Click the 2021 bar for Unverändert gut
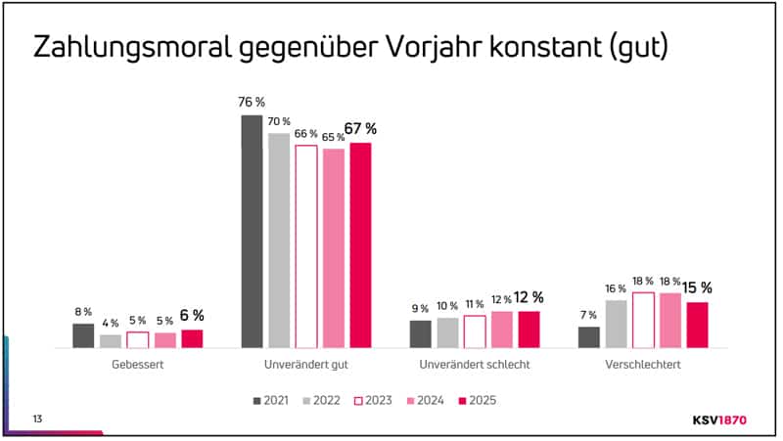click(252, 231)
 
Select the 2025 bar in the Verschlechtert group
click(697, 325)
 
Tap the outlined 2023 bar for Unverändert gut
click(306, 246)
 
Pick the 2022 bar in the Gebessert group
click(111, 340)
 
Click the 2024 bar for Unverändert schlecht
click(501, 330)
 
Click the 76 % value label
click(252, 102)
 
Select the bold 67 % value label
click(360, 128)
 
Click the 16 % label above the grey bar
click(616, 288)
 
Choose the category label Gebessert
click(137, 365)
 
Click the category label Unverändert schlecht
click(474, 365)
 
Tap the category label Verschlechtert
click(642, 365)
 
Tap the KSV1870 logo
click(719, 419)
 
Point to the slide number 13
click(37, 419)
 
